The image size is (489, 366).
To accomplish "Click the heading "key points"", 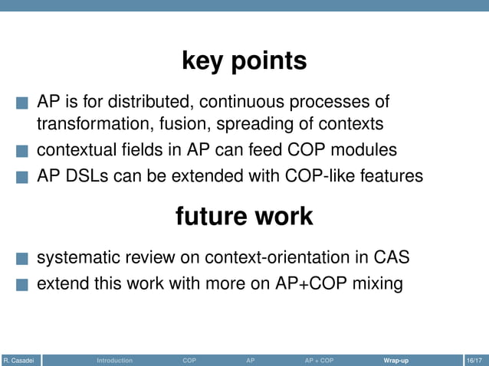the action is coord(244,60).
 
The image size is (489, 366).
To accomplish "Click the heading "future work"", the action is coord(244,216).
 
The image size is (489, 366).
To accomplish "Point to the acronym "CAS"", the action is coord(392,257).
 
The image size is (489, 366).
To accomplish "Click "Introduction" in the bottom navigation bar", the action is coord(114,360).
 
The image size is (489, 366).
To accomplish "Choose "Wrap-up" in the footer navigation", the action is coord(396,360).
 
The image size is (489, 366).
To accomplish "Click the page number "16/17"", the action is coord(474,360).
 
